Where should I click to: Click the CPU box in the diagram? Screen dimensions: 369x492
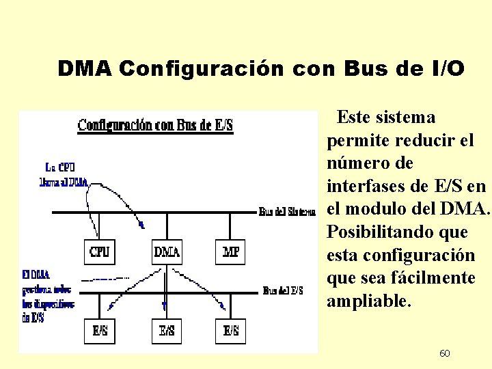(x=99, y=252)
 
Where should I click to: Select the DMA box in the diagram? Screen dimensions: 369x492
(x=166, y=252)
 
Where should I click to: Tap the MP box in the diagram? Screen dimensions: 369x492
(x=231, y=252)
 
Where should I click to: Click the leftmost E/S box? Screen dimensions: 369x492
(x=99, y=331)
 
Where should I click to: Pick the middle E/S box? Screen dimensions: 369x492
(x=166, y=331)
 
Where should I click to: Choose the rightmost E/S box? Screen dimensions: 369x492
(x=231, y=331)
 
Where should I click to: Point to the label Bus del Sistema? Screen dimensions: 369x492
(x=287, y=212)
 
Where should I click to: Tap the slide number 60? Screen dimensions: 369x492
(x=444, y=353)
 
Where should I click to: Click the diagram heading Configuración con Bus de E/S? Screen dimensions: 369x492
(x=155, y=125)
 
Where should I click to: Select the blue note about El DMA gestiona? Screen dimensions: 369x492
(x=48, y=296)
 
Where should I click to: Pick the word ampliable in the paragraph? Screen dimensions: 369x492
(x=369, y=301)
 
